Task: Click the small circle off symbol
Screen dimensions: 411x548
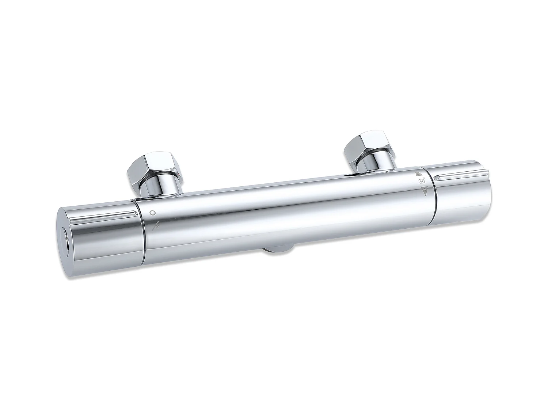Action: [153, 213]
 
